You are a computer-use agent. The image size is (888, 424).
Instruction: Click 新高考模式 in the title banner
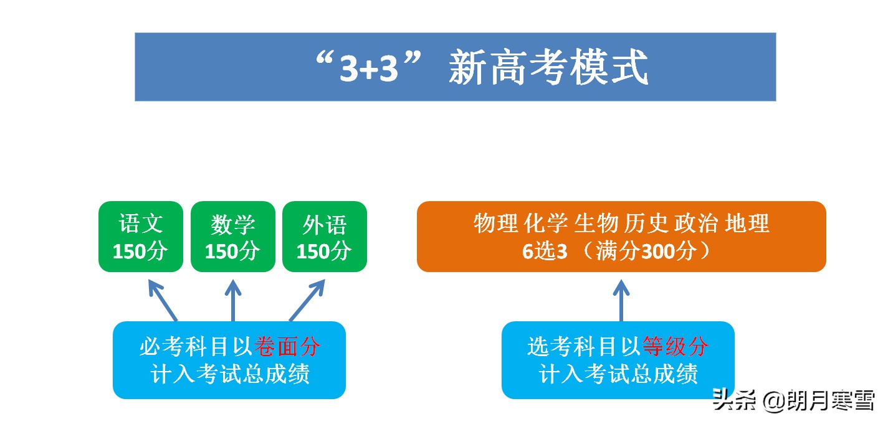point(548,68)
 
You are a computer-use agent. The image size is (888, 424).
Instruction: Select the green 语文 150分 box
point(141,237)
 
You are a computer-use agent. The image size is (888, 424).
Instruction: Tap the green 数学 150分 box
point(232,237)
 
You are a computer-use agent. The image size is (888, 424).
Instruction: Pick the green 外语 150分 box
point(324,237)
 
